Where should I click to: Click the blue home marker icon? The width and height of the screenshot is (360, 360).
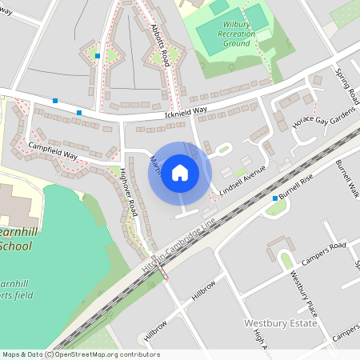(x=180, y=173)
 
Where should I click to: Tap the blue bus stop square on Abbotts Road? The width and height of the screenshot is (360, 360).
(x=97, y=56)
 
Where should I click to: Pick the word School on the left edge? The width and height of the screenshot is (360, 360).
(x=15, y=246)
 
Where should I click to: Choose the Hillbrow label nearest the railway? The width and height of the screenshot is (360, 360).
(x=204, y=290)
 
